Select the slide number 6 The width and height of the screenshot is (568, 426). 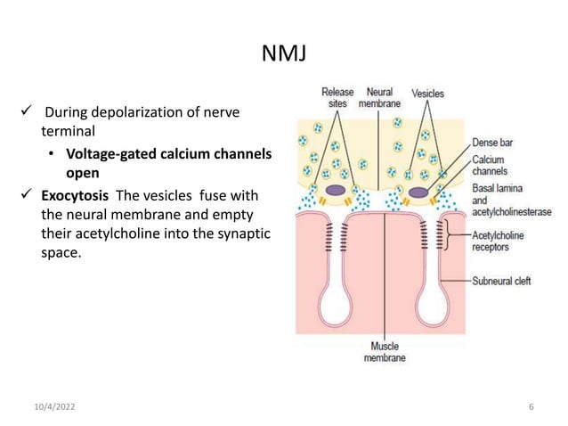coord(531,407)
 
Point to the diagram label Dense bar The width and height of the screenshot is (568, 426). coord(492,141)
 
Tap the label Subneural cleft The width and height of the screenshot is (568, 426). coord(500,282)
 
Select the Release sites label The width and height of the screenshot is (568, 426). coord(337,97)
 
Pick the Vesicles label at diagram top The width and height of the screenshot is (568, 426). coord(429,92)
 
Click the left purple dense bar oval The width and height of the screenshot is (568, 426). coord(337,190)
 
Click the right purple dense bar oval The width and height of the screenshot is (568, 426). coord(422,190)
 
